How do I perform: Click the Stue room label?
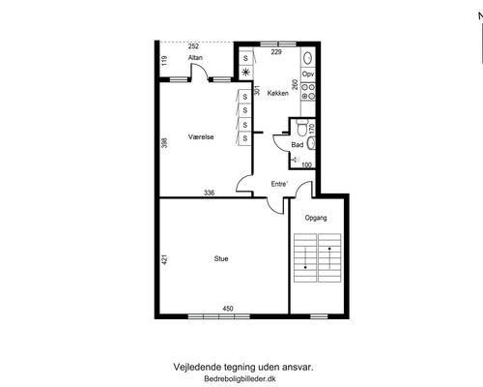point(221,258)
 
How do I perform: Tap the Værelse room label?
point(201,136)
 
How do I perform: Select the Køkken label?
point(278,93)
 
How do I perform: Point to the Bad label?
point(298,145)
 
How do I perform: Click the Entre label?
point(279,184)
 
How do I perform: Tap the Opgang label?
point(316,218)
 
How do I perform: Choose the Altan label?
point(195,58)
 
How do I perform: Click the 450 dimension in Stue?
point(228,309)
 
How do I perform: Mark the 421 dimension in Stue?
point(164,260)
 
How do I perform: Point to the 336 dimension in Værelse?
point(210,193)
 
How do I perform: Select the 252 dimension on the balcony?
point(193,46)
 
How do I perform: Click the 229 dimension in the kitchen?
point(276,52)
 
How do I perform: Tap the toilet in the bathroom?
point(302,128)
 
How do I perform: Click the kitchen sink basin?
point(308,58)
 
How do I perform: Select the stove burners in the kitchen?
point(308,92)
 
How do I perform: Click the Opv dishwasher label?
point(308,74)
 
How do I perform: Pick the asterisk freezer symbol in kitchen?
point(246,73)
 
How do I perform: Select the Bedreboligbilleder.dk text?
point(240,379)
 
